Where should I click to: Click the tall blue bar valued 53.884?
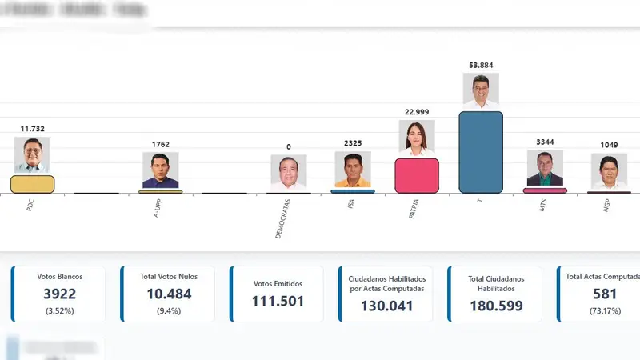(x=481, y=152)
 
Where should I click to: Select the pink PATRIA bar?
(x=417, y=176)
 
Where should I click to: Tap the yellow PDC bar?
(x=32, y=184)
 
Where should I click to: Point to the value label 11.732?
(x=32, y=128)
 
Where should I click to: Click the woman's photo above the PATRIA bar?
(x=417, y=138)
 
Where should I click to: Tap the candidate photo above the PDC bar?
(x=32, y=154)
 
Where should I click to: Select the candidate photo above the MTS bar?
(x=545, y=168)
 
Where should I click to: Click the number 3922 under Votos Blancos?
(x=60, y=294)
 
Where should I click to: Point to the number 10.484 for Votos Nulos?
(x=169, y=294)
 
